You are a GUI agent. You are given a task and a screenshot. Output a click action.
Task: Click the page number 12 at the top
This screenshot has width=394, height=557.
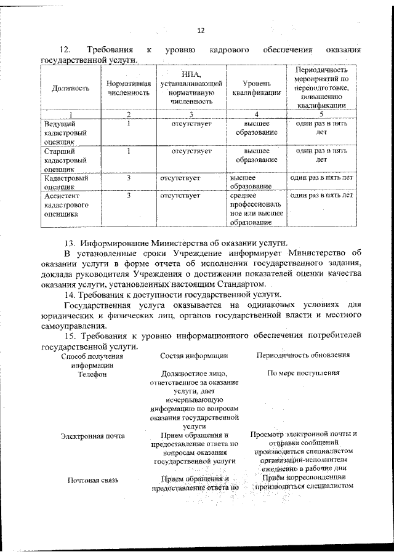[200, 31]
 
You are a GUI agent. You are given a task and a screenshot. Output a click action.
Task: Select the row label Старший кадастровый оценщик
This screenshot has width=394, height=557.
[65, 159]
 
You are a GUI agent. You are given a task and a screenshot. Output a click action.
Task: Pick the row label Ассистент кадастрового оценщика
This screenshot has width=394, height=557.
[66, 205]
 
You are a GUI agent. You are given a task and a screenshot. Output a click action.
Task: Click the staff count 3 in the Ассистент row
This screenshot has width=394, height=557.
[129, 196]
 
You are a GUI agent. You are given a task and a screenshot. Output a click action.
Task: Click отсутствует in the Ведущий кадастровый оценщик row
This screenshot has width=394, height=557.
[191, 124]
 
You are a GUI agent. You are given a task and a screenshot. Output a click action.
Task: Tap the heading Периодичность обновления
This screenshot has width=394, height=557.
[303, 355]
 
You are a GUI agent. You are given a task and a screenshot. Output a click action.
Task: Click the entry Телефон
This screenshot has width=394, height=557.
[92, 373]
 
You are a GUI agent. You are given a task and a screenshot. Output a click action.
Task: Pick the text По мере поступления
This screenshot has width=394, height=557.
[303, 373]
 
